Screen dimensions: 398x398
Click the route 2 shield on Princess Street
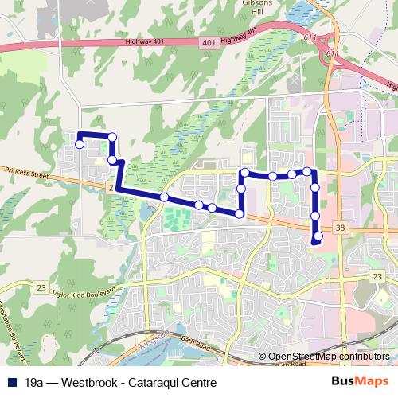109,186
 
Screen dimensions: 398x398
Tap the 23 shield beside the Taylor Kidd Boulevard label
42,287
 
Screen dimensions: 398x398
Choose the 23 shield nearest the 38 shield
377,275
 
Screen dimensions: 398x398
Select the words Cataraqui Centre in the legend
172,383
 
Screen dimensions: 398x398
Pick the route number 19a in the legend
35,383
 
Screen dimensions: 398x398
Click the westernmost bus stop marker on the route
80,144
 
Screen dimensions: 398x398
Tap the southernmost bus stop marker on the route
318,236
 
